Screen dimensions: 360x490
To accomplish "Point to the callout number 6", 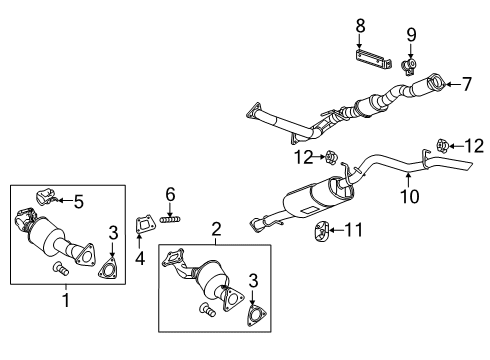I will pos(171,193).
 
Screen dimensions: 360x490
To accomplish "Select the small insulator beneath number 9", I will pos(408,67).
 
